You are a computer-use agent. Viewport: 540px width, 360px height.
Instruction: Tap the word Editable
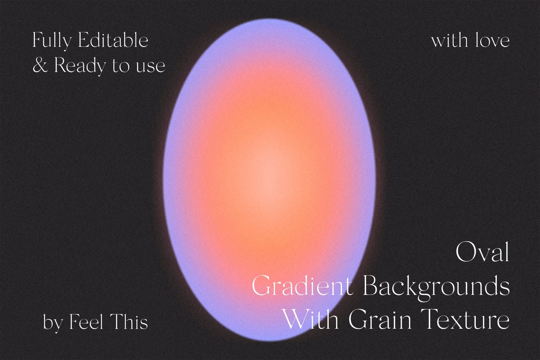[x=113, y=40]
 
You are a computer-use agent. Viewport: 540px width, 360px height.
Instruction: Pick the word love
[x=493, y=40]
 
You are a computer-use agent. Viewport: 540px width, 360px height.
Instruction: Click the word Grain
[x=380, y=319]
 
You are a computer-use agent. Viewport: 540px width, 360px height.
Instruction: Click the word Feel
[x=86, y=322]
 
